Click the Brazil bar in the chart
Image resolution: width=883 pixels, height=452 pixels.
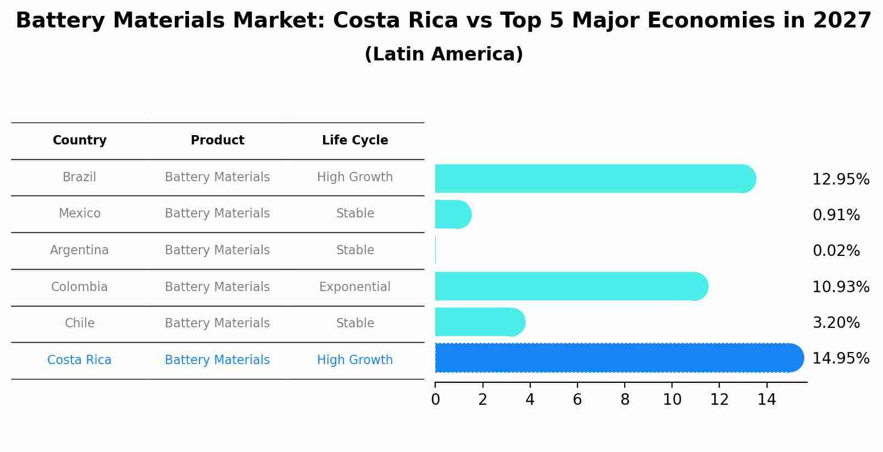coord(593,178)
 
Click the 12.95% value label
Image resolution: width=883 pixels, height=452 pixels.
coord(840,180)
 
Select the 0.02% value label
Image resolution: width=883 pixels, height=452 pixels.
coord(836,251)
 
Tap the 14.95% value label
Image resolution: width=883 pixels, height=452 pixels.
coord(840,359)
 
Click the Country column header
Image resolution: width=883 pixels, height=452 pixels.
coord(80,141)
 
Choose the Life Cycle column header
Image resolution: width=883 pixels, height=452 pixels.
coord(355,141)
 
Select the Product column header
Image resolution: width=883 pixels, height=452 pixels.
coord(217,141)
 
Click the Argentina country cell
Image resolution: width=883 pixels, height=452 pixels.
coord(80,250)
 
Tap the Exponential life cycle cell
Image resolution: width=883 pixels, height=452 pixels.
coord(355,287)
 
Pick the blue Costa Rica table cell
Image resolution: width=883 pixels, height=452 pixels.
coord(80,360)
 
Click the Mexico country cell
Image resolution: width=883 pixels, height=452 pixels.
coord(80,214)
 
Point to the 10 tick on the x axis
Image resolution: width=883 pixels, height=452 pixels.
coord(672,400)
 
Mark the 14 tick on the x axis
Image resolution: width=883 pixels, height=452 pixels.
coord(767,400)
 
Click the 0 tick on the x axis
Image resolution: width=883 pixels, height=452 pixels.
coord(435,400)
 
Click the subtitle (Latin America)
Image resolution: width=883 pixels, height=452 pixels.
coord(443,54)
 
